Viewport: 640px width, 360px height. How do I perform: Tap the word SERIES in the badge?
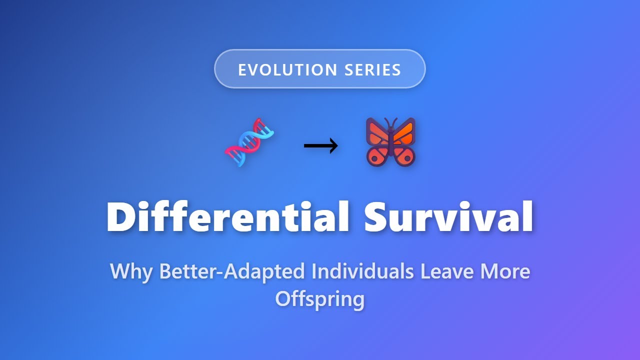(x=372, y=70)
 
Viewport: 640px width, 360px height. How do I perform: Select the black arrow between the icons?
(x=320, y=146)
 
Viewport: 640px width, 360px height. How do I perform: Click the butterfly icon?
(x=390, y=142)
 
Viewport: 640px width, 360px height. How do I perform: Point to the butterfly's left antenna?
(x=385, y=122)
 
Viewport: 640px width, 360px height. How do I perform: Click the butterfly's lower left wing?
(x=377, y=155)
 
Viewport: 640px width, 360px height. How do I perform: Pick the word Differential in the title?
(x=228, y=216)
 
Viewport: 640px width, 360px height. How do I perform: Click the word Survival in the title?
(x=448, y=216)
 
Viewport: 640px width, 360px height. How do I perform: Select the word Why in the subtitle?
(x=130, y=271)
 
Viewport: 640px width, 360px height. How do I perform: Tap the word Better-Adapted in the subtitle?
(x=232, y=271)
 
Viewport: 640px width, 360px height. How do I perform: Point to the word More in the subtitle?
(x=505, y=271)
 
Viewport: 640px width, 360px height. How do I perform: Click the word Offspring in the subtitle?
(x=320, y=299)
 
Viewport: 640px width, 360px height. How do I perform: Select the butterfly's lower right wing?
(x=404, y=155)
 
